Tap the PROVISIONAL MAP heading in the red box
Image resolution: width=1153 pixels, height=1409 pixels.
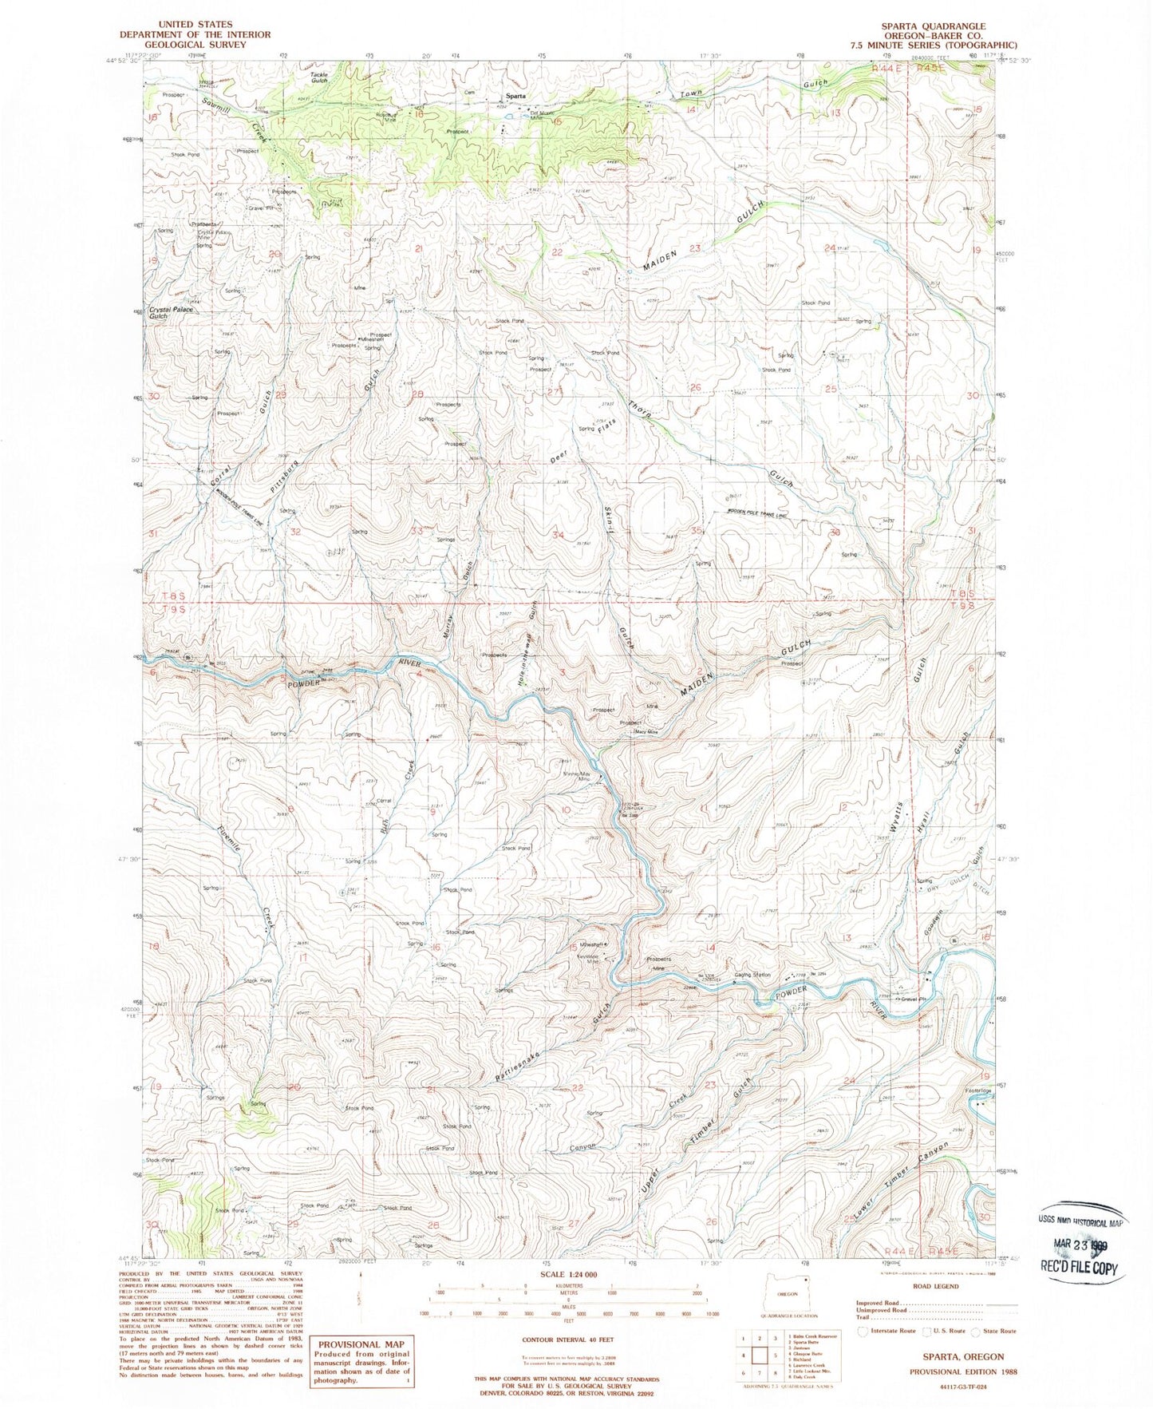[363, 1343]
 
